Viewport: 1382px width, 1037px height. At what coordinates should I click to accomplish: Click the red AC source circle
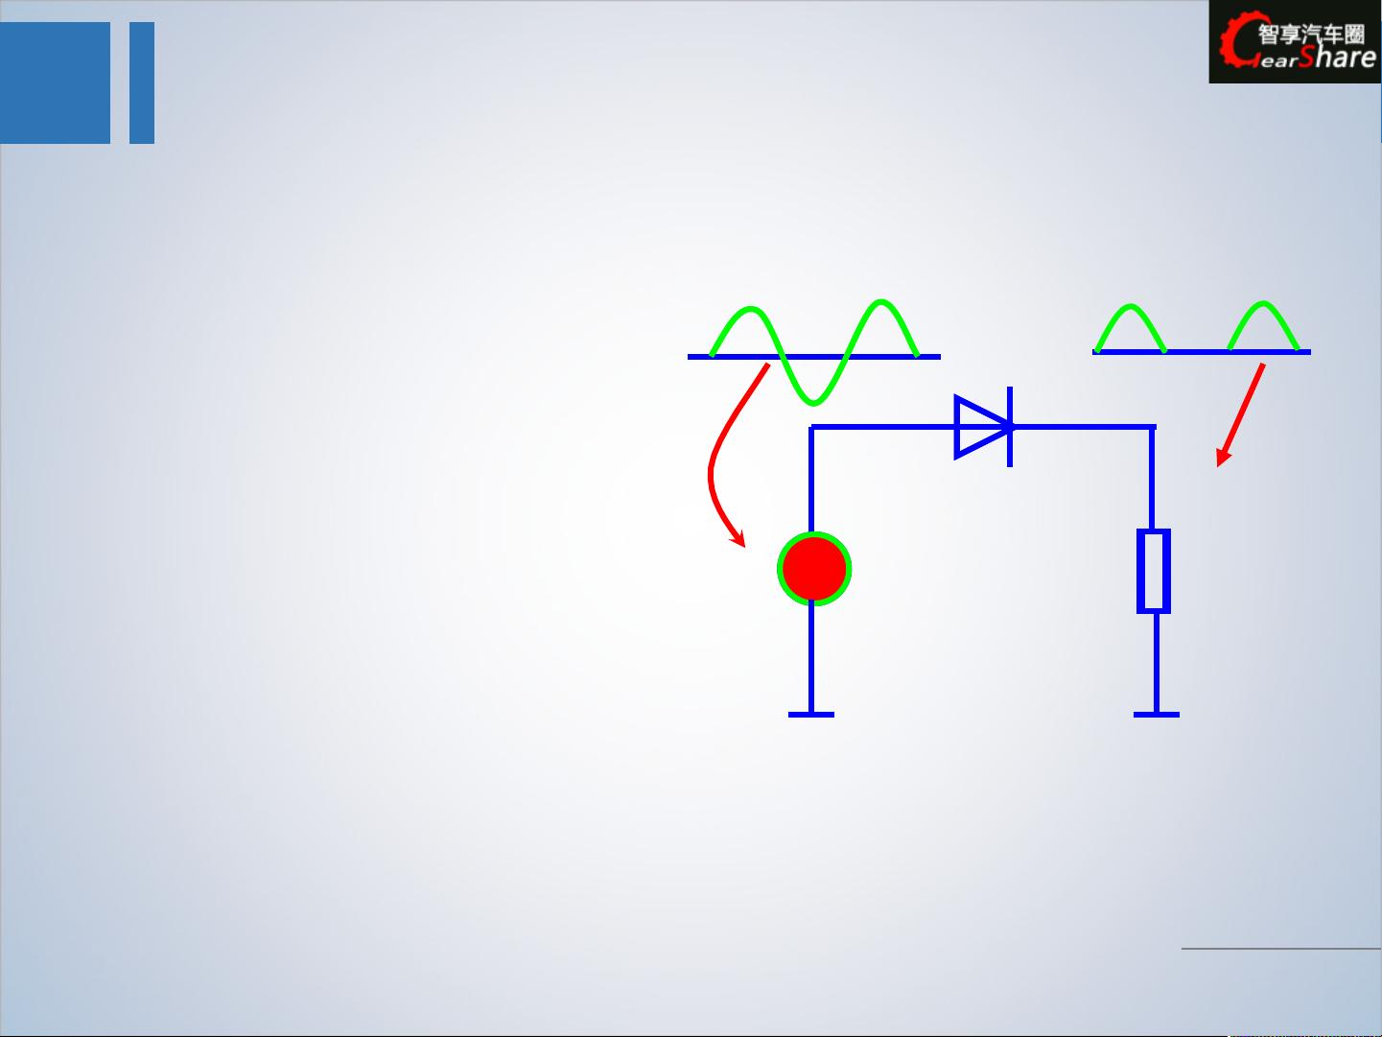click(814, 569)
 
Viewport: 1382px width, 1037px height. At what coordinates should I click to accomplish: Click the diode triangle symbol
click(982, 427)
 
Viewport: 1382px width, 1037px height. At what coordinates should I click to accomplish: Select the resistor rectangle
click(1154, 571)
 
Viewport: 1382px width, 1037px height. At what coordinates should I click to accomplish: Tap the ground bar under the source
click(811, 715)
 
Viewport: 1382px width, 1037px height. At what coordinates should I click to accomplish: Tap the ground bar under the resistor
click(1156, 715)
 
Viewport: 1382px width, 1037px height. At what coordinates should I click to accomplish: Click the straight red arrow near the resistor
click(1240, 415)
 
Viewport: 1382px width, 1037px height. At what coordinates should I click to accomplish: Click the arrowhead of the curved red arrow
click(739, 538)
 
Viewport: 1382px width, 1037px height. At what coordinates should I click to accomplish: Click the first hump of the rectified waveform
click(1131, 308)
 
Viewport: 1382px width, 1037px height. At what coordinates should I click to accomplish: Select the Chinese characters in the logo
click(1311, 34)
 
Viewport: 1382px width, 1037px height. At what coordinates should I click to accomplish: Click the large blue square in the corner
click(55, 83)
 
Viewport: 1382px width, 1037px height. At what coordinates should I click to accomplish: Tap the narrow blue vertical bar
click(142, 83)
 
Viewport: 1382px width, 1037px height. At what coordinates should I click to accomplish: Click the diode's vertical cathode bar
click(1010, 427)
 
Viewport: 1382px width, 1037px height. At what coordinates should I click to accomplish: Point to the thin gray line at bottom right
click(1281, 948)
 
